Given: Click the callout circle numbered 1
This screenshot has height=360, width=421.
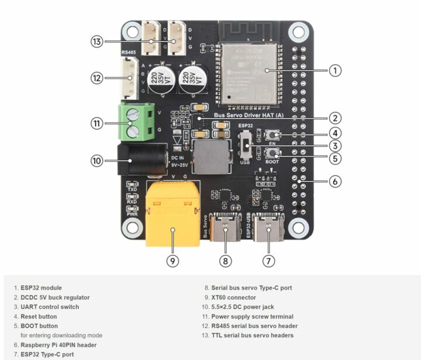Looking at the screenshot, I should tap(334, 70).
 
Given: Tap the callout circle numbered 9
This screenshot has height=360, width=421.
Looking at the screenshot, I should tap(172, 261).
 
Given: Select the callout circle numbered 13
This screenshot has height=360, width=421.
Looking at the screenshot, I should tap(98, 41).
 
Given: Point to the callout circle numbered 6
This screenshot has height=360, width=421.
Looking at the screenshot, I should tap(334, 181).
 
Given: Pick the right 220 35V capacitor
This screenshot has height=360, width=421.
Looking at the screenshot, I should tap(192, 78).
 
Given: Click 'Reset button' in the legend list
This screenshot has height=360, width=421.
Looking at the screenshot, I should tap(39, 316).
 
